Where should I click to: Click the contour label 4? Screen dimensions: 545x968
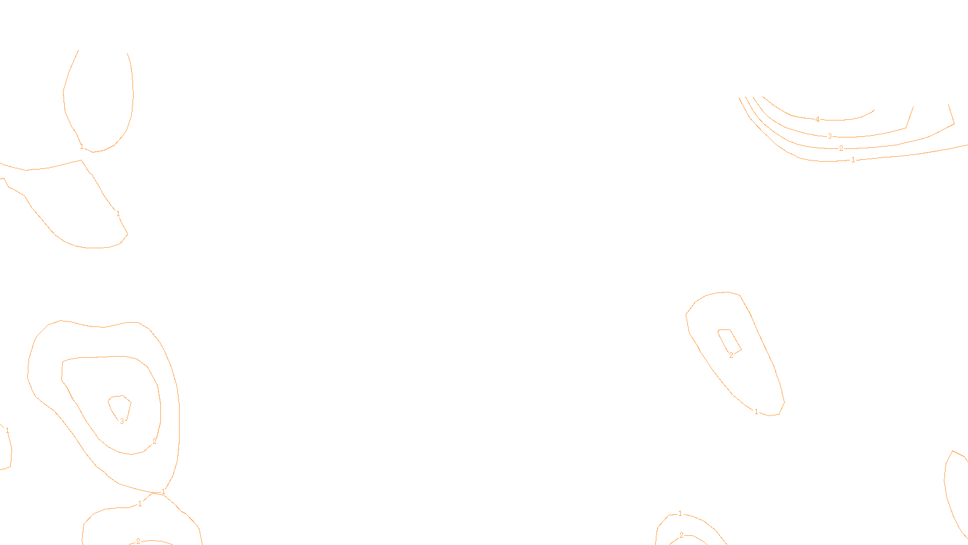tap(817, 119)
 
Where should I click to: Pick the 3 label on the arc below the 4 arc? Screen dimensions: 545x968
tap(829, 136)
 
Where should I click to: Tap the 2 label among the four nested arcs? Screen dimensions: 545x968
tap(841, 148)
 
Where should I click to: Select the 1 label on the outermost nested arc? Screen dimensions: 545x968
tap(853, 160)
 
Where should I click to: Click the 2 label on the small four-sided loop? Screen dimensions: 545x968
tap(731, 355)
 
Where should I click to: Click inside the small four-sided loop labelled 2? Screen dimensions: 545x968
tap(728, 340)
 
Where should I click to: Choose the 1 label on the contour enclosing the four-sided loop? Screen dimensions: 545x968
tap(756, 412)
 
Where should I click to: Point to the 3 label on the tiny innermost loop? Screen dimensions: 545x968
tap(122, 421)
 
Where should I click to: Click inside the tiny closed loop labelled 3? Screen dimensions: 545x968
tap(120, 407)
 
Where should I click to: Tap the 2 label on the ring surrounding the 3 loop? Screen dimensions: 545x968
tap(154, 441)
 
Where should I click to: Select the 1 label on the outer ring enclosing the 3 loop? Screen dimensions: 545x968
tap(163, 492)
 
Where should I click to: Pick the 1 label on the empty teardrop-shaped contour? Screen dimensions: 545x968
tap(82, 147)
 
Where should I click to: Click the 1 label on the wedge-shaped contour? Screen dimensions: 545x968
tap(118, 214)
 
